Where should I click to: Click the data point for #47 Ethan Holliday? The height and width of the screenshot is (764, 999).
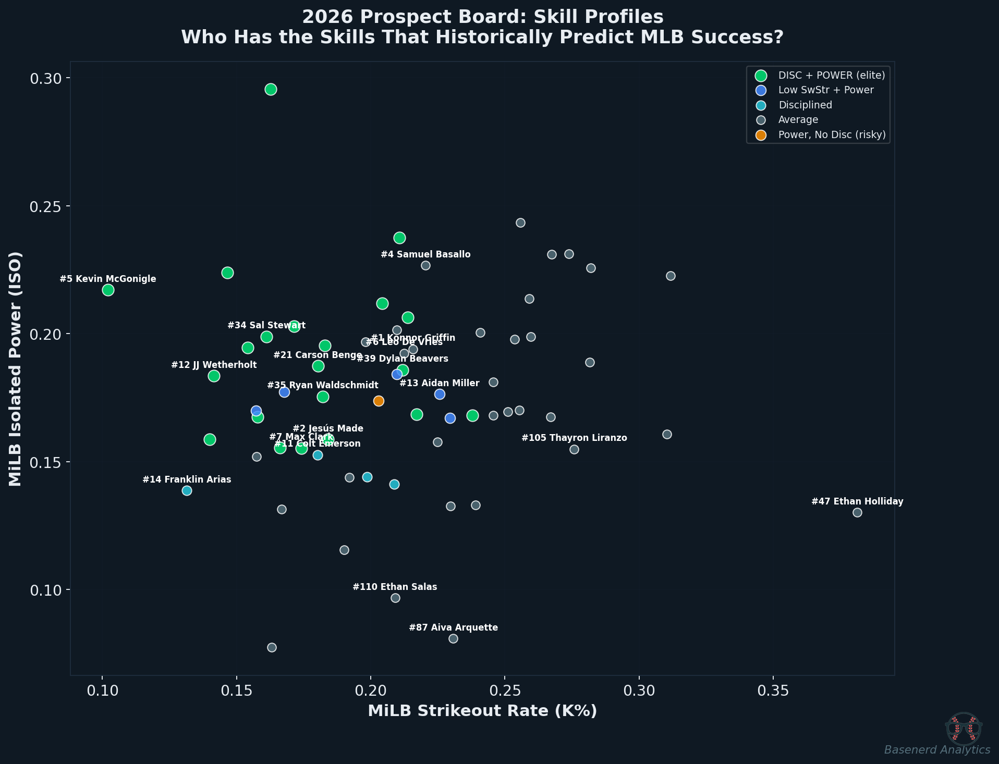857,512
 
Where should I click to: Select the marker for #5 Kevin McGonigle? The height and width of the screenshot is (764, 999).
108,290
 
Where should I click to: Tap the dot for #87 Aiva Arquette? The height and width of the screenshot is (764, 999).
453,638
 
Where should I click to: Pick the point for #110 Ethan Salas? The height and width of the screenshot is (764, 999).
395,598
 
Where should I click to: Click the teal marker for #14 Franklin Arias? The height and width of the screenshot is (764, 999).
187,490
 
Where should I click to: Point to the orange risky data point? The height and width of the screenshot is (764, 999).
379,401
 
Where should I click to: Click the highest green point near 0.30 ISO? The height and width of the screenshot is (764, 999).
271,89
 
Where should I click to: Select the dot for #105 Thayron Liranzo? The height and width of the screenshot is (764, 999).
574,449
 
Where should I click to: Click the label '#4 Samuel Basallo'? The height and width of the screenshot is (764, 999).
425,254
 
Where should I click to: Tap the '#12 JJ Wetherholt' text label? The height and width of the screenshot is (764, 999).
214,365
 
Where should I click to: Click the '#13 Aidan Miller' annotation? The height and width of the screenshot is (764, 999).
439,383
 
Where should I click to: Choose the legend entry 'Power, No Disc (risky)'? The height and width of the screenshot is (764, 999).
832,134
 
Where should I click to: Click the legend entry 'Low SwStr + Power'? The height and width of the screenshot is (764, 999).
825,90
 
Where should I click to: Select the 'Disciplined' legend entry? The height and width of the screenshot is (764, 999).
805,105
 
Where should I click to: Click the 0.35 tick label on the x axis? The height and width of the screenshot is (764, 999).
773,691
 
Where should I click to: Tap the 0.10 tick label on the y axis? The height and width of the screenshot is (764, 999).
45,590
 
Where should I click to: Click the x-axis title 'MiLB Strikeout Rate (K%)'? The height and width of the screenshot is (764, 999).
482,711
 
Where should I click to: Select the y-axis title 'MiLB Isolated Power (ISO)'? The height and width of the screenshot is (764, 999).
16,368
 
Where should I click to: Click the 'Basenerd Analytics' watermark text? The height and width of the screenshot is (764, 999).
937,749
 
